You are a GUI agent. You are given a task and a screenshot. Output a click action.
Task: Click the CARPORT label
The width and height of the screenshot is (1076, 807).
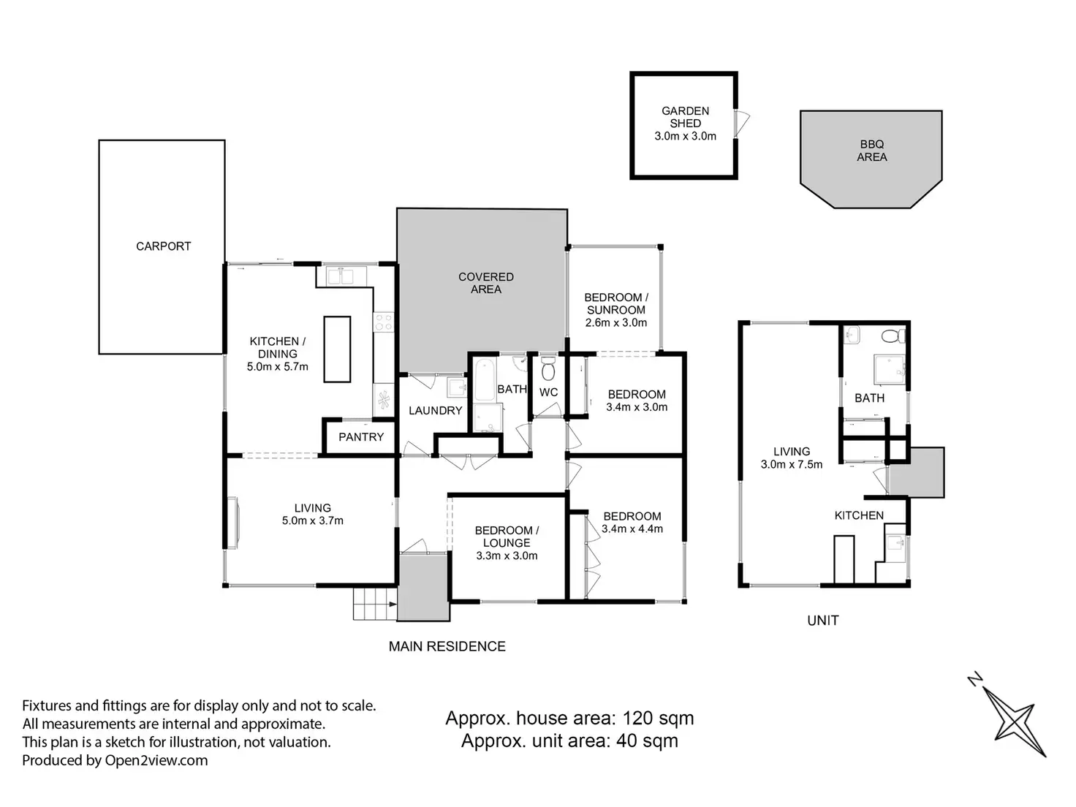tap(163, 246)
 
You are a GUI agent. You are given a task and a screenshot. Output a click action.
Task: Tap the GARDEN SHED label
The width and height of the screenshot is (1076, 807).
tap(685, 117)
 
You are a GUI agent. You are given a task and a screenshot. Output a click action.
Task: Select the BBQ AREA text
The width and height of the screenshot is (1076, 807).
tap(871, 151)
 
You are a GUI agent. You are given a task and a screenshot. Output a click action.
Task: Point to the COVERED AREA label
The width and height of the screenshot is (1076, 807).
tap(486, 283)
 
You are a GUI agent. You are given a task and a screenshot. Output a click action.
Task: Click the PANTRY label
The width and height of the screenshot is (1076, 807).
tap(361, 437)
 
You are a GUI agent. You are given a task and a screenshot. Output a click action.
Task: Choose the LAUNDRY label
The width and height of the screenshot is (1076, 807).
tap(435, 411)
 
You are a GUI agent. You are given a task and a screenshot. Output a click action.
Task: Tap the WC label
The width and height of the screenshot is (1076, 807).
tap(549, 393)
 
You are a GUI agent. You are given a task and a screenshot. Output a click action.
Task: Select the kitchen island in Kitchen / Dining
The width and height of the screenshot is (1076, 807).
tap(337, 349)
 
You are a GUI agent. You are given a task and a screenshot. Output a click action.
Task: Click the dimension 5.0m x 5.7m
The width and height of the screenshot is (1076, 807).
tap(278, 367)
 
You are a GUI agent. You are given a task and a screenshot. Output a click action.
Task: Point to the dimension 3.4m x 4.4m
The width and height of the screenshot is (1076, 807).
tap(632, 528)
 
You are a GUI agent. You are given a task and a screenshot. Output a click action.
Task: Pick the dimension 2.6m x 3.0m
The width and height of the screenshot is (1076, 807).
tap(616, 322)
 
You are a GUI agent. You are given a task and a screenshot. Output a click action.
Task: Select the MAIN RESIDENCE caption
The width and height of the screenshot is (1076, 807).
tap(447, 646)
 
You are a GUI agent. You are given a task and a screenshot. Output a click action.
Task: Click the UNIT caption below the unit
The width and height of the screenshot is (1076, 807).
tap(822, 621)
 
